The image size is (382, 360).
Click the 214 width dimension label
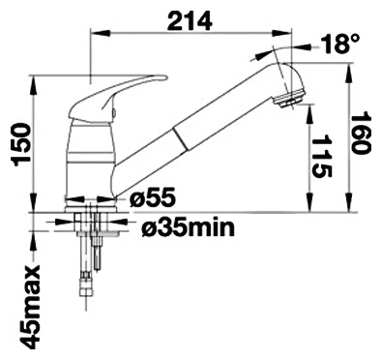(x=190, y=22)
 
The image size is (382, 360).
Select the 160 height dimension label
(x=361, y=133)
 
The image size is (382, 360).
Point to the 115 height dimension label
(x=322, y=156)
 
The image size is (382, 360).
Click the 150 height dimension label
(x=22, y=145)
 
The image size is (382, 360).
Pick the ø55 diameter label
(x=153, y=197)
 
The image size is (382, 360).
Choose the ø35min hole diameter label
(x=188, y=227)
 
